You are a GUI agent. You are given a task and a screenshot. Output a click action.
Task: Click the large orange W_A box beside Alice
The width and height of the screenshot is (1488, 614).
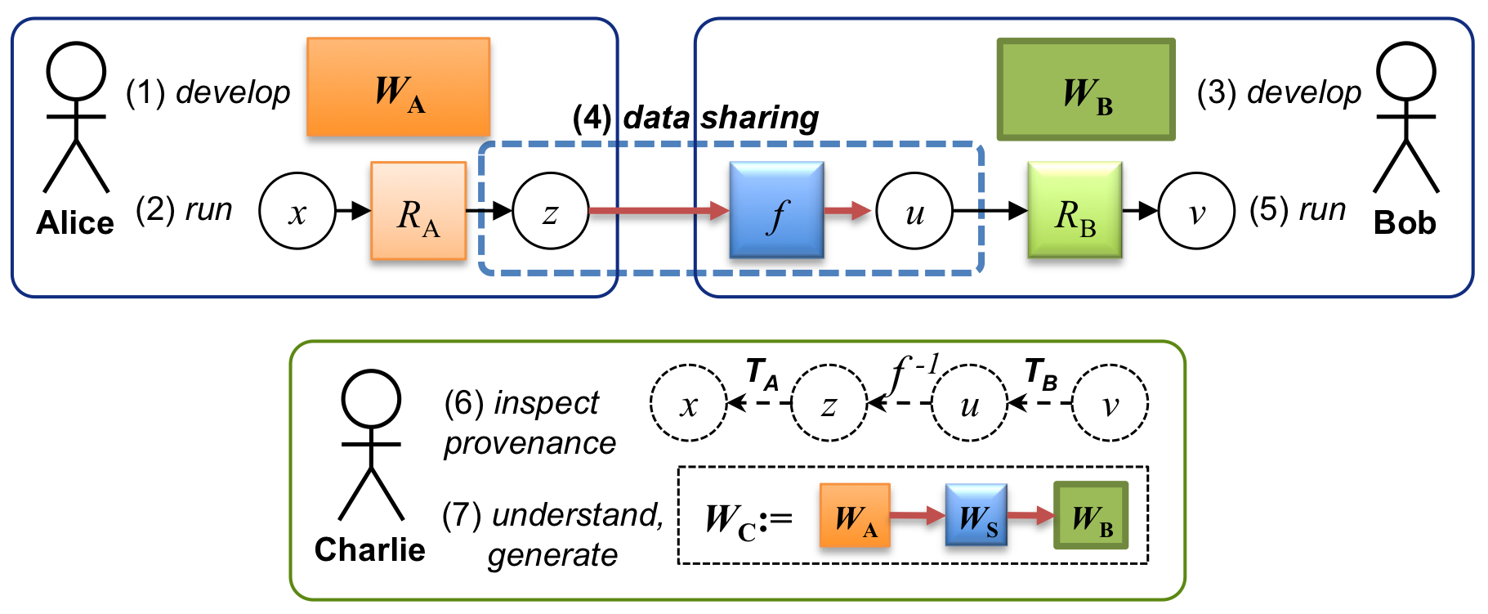398,87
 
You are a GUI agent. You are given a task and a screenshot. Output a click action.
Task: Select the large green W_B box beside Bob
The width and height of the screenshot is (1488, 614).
1086,89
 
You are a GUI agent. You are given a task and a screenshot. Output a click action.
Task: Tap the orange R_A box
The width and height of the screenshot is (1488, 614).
418,211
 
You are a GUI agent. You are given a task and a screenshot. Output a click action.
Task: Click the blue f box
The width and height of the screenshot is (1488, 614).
776,210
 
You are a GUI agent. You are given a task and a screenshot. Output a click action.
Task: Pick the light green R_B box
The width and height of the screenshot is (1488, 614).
1075,210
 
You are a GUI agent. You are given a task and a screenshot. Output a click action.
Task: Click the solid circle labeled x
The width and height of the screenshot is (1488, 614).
297,211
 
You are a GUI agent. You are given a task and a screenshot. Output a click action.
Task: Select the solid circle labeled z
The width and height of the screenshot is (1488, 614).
551,211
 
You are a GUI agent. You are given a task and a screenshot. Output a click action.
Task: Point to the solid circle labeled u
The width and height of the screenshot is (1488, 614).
914,211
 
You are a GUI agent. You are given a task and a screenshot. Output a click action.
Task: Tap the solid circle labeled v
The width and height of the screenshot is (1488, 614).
1196,211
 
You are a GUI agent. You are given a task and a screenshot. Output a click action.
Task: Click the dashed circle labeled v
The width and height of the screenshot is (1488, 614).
1110,403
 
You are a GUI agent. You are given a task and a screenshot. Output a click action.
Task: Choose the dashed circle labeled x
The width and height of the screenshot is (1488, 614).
688,403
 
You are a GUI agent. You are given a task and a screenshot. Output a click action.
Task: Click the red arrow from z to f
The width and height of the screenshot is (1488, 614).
658,211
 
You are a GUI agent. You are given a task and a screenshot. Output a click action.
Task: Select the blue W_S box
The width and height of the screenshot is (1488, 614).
976,515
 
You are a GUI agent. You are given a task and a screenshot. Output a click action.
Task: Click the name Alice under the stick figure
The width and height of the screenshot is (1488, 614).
75,222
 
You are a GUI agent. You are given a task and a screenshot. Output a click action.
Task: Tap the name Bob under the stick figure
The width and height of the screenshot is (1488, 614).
1405,222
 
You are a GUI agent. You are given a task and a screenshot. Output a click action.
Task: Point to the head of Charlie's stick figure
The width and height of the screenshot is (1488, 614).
371,398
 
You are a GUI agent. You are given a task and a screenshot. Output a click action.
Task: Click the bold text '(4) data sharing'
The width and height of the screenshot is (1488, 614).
695,118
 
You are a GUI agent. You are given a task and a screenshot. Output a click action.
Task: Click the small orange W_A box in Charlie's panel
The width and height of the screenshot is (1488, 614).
855,515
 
